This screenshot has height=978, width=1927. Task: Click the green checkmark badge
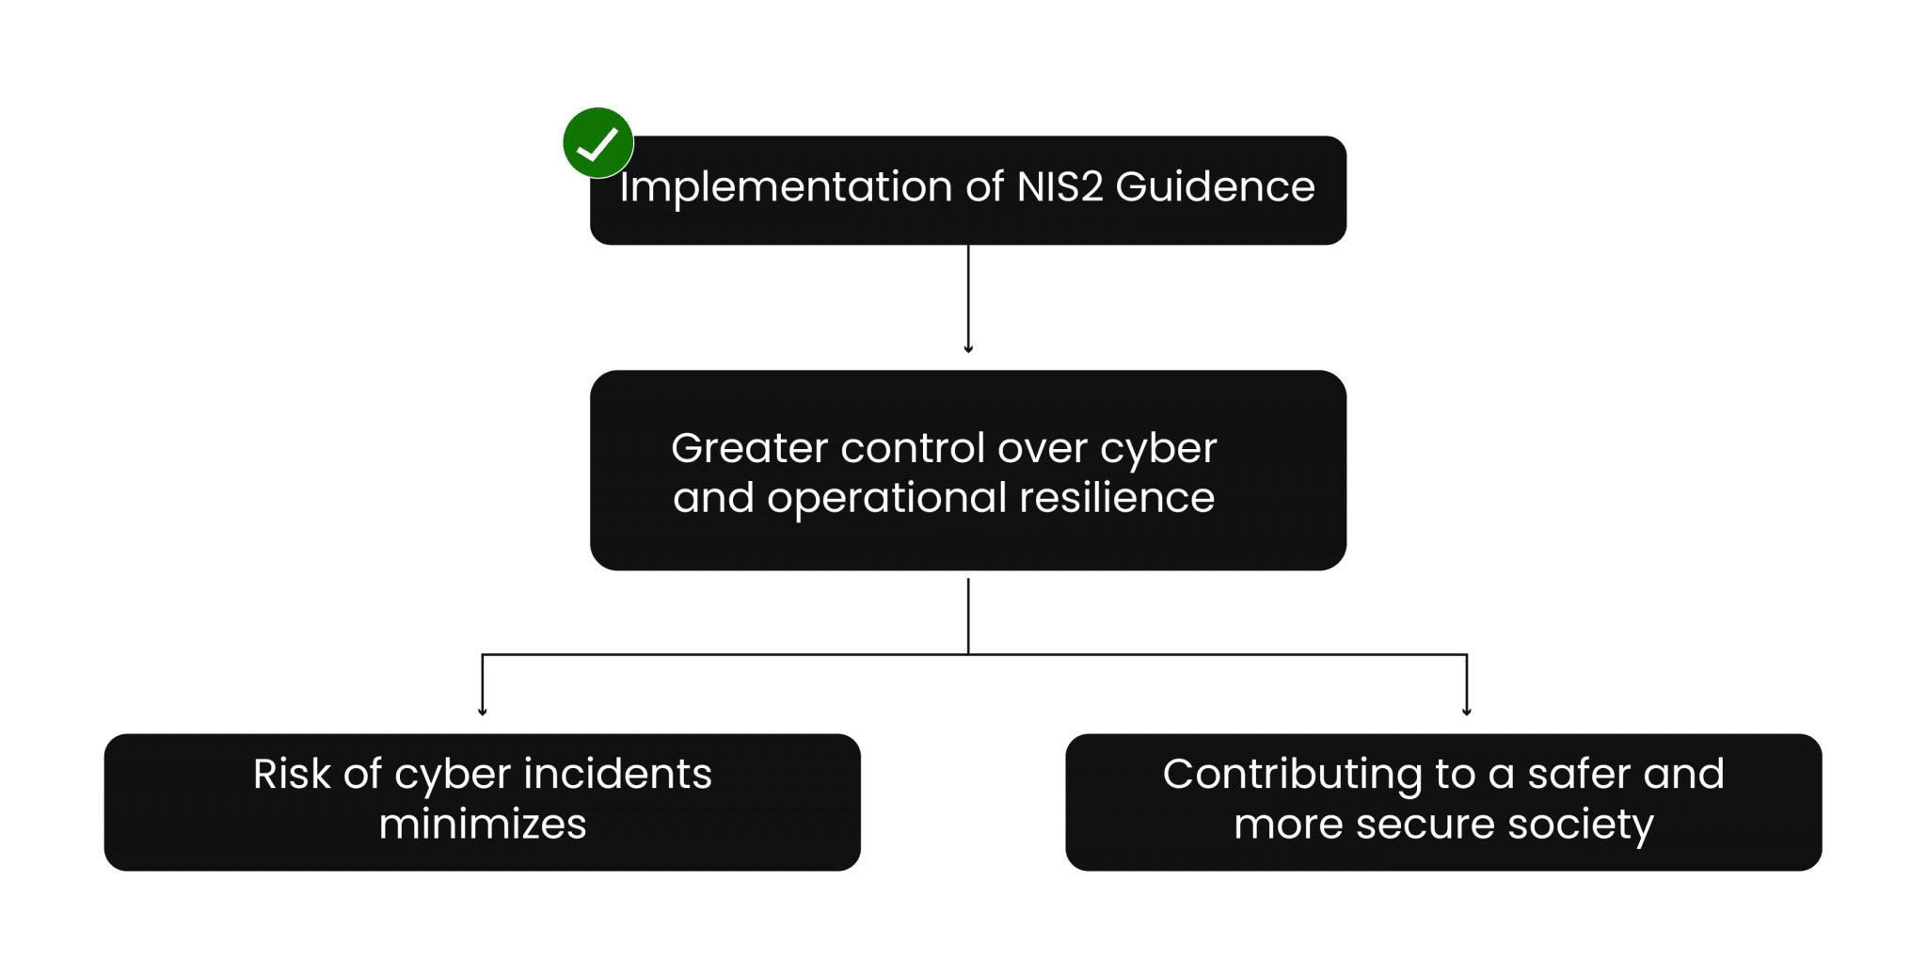597,143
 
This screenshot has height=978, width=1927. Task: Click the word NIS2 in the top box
1059,186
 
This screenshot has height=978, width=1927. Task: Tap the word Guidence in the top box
1215,186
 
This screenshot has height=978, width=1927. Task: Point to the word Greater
749,448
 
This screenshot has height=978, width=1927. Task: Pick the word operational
886,499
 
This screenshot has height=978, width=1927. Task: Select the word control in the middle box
912,448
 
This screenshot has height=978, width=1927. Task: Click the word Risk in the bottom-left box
292,775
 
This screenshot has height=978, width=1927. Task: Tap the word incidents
617,775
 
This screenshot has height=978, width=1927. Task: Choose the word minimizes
483,825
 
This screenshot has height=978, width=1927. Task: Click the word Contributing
1292,775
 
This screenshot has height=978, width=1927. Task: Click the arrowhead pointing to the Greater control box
967,348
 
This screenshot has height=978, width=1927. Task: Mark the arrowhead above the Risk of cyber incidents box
483,712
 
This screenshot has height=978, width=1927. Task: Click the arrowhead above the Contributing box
1466,712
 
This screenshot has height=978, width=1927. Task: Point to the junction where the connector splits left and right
967,654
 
